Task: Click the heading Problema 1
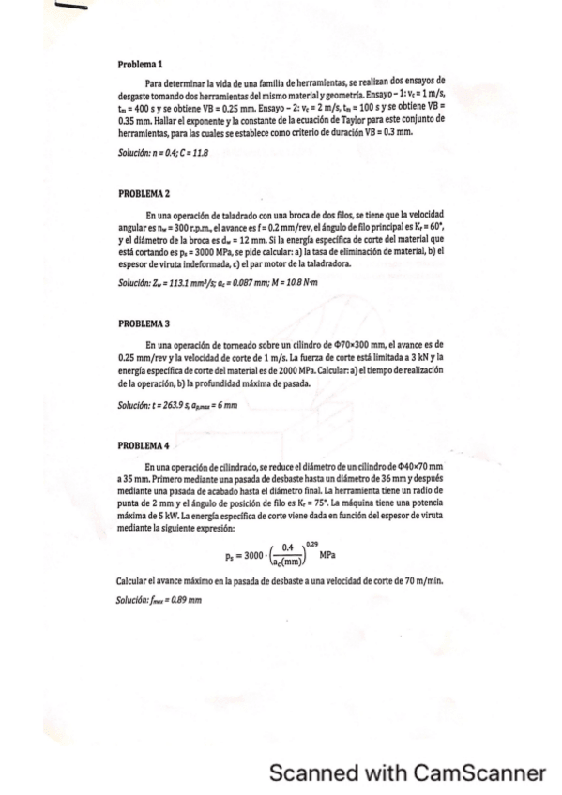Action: (x=141, y=64)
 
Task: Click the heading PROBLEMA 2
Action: (x=144, y=194)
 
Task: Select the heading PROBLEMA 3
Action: (x=144, y=323)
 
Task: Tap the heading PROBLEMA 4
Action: (x=144, y=445)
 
